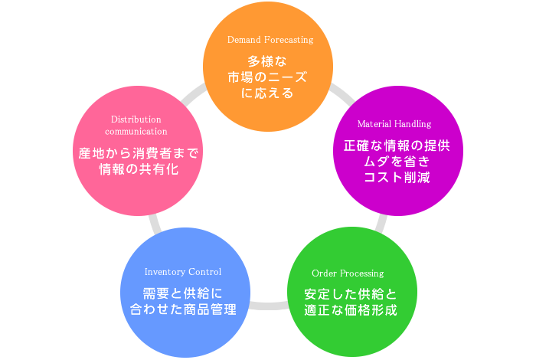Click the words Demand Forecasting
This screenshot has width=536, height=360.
click(270, 39)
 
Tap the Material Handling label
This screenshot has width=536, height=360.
click(394, 123)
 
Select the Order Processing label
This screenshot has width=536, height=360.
click(348, 273)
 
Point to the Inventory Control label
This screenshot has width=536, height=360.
click(183, 272)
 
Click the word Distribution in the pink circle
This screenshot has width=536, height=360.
click(136, 119)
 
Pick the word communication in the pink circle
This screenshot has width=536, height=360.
click(136, 132)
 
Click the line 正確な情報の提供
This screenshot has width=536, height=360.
click(396, 145)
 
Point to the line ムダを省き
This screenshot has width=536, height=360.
click(396, 161)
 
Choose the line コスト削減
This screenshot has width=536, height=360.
click(396, 178)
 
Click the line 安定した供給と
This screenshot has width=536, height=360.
click(351, 294)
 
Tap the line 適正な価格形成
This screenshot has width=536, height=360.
click(351, 311)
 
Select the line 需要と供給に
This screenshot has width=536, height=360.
click(182, 293)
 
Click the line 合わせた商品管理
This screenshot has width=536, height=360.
click(182, 310)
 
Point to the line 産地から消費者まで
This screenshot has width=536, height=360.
click(139, 153)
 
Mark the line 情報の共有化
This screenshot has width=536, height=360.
click(139, 169)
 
